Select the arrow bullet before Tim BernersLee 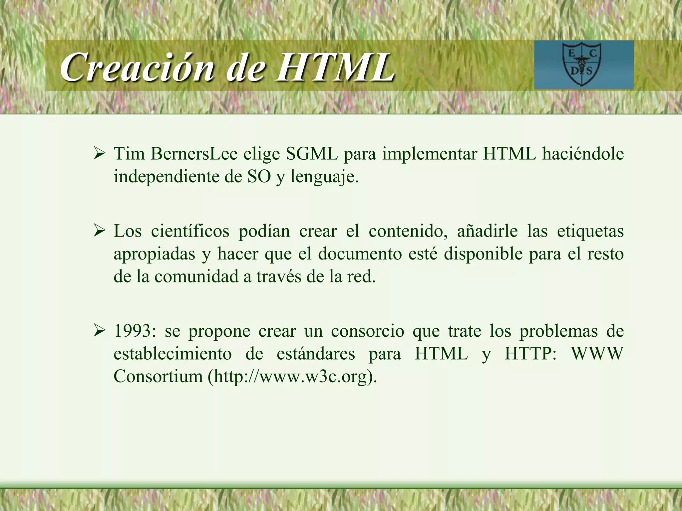99,154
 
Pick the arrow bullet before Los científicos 99,231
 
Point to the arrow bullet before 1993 99,331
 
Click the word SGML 312,154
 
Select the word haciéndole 582,154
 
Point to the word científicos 190,231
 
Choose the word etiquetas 590,231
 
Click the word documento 360,254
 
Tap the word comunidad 196,276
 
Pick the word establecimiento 172,354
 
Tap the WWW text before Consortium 597,354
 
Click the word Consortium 158,377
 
